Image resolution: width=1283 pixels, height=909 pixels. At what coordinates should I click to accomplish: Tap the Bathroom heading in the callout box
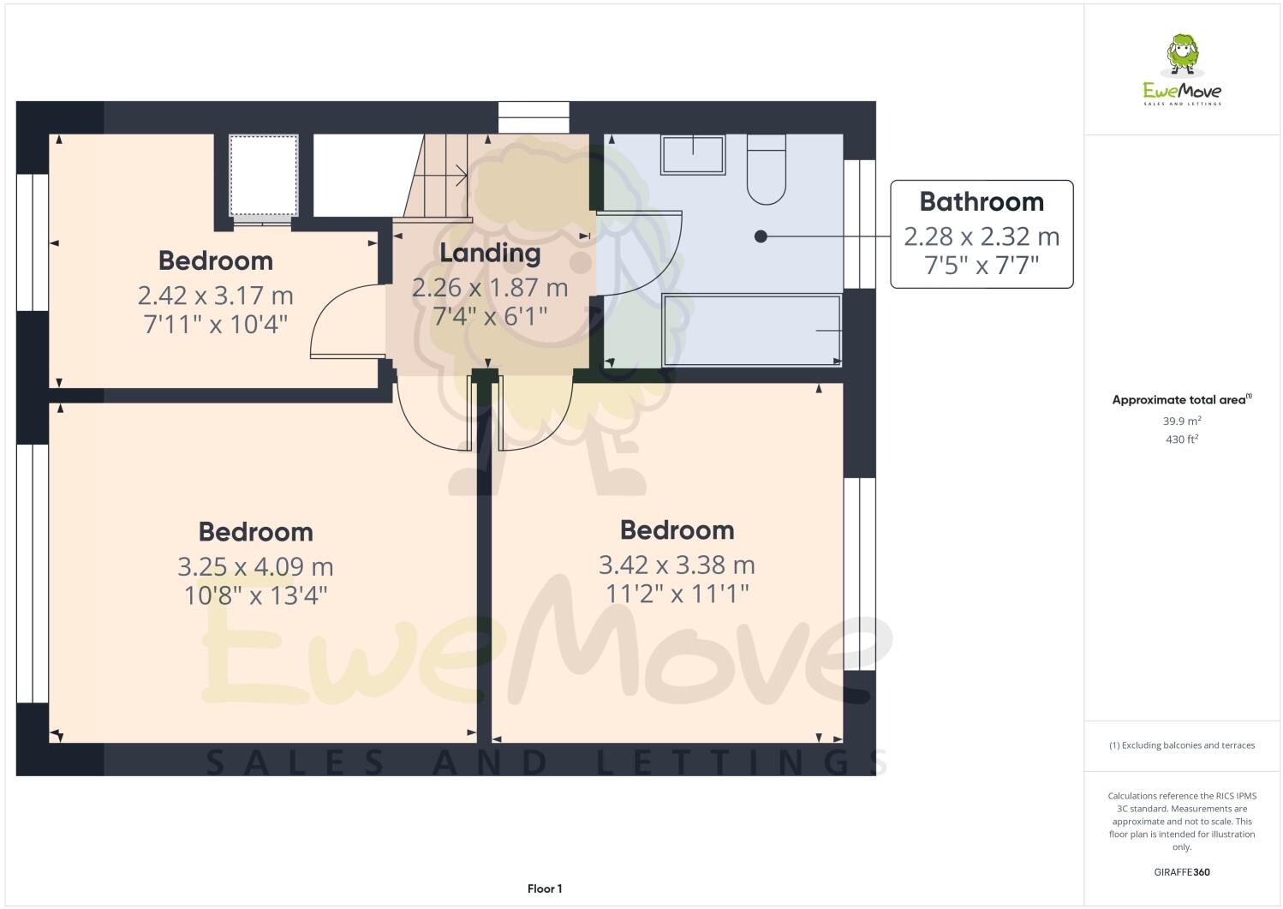[x=982, y=202]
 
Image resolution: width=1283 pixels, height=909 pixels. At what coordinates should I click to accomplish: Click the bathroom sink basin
[x=692, y=155]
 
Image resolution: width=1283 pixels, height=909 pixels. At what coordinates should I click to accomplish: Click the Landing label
[x=490, y=254]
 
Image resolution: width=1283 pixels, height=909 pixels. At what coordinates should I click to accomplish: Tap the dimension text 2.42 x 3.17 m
[x=215, y=296]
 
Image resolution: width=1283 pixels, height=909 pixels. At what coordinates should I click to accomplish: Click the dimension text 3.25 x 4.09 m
[x=255, y=567]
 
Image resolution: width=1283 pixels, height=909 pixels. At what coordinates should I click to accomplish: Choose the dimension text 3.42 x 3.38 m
[x=677, y=565]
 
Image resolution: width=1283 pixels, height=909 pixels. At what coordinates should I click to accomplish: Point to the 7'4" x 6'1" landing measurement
[x=490, y=317]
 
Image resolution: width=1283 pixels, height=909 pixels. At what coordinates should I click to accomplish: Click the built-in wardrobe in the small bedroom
[x=264, y=176]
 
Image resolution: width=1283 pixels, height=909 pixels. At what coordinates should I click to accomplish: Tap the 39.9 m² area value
[x=1182, y=422]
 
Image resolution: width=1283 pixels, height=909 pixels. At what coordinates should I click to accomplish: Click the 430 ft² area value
[x=1182, y=440]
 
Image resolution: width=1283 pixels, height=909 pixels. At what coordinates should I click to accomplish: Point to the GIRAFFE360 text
[x=1182, y=873]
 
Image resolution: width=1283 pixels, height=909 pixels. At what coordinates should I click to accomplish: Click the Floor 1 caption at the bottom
[x=545, y=889]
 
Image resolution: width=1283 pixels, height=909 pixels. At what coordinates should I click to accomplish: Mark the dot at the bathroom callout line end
[x=761, y=236]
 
